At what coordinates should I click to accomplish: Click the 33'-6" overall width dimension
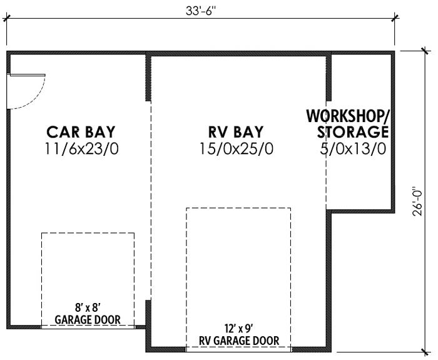[x=201, y=11]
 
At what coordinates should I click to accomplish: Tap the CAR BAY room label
[x=81, y=132]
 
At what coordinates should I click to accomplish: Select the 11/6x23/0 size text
[x=81, y=149]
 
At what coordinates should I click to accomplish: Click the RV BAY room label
[x=236, y=132]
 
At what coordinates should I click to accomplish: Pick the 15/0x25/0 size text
[x=236, y=149]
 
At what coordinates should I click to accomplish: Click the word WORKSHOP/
[x=347, y=116]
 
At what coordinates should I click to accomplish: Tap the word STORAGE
[x=353, y=132]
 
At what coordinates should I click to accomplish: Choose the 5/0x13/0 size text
[x=353, y=149]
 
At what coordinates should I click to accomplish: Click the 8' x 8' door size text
[x=88, y=308]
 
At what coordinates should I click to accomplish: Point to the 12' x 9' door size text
[x=239, y=329]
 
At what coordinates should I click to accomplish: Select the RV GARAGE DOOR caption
[x=239, y=341]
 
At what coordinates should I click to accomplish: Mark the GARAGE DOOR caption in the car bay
[x=88, y=319]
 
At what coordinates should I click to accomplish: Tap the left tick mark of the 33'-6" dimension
[x=6, y=18]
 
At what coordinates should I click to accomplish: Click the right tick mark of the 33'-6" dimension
[x=394, y=18]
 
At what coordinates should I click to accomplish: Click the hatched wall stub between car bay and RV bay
[x=148, y=78]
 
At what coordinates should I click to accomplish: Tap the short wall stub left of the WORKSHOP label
[x=328, y=77]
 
